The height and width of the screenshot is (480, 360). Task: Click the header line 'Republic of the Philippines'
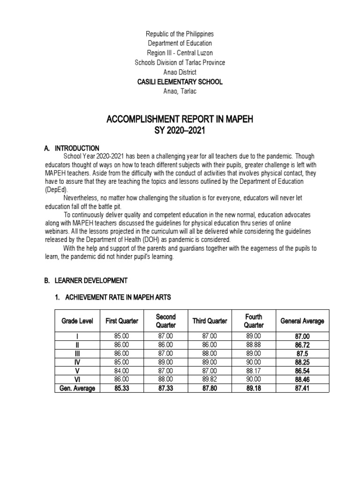coord(180,34)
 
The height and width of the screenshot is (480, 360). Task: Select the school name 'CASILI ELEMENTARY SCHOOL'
coord(180,82)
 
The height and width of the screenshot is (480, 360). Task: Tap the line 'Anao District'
coord(180,72)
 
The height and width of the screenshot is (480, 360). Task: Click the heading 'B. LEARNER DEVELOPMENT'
coord(86,280)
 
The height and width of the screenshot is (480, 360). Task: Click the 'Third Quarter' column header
coord(210,321)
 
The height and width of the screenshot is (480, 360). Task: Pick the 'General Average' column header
coord(302,321)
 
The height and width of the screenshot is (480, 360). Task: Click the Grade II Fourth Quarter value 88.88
coord(254,344)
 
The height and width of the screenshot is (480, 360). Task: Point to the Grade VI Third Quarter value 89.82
coord(210,380)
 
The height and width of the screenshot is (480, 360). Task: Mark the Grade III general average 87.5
coord(302,353)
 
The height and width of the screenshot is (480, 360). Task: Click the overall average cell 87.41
coord(302,388)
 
